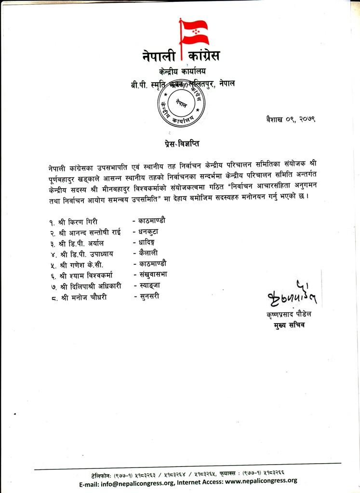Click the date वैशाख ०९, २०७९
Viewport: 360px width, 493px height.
(x=290, y=118)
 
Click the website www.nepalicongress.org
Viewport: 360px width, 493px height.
(x=261, y=480)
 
